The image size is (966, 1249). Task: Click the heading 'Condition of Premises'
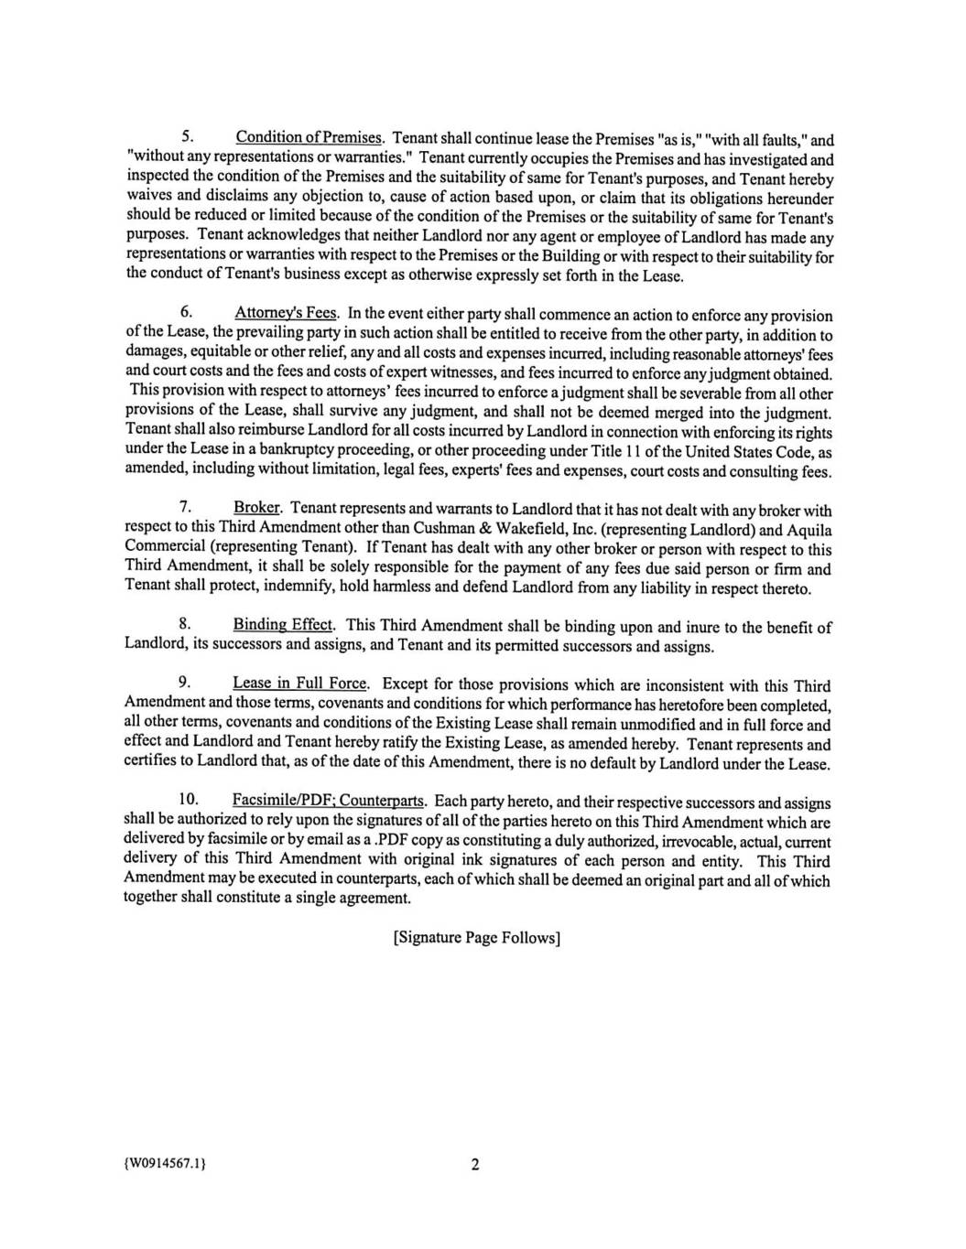point(309,138)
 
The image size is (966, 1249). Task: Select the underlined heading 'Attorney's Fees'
point(287,315)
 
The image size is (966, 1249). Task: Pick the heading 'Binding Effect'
point(283,625)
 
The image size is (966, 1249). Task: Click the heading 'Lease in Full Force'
point(299,684)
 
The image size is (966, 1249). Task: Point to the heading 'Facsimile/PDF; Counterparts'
point(328,802)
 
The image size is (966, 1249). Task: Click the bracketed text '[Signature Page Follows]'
point(475,938)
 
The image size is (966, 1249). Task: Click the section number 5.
point(185,138)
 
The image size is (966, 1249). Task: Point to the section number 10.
point(188,802)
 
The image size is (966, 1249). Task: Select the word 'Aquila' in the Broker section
point(809,530)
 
